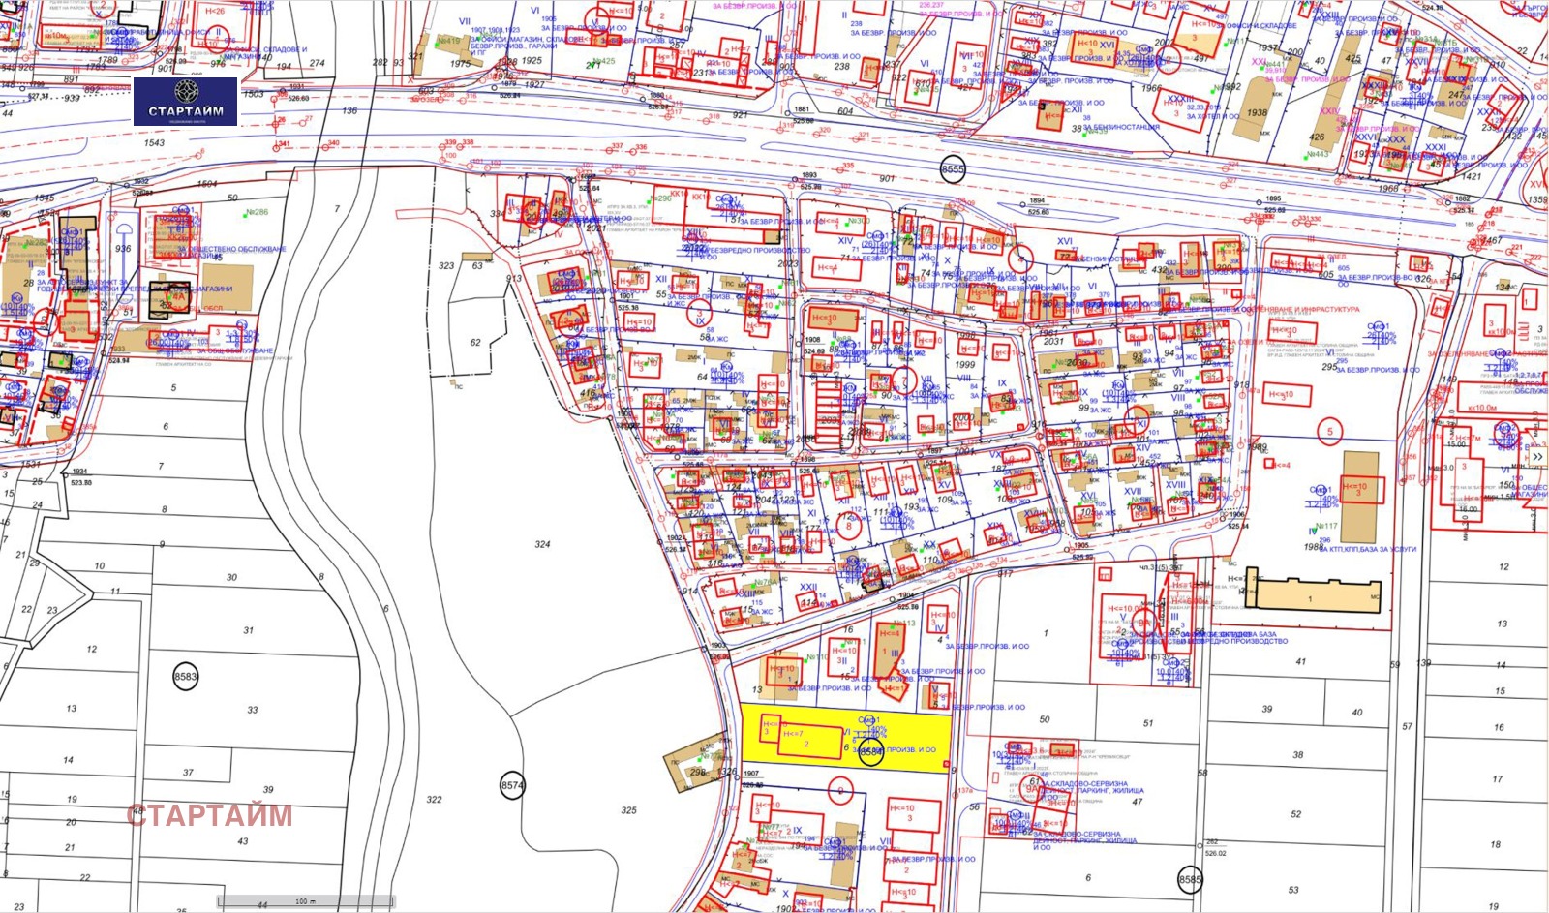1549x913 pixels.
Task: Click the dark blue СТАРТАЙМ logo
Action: click(x=185, y=101)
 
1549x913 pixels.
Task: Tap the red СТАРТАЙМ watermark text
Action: click(x=209, y=815)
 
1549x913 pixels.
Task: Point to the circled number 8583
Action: click(x=185, y=677)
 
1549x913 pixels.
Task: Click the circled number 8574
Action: click(x=512, y=785)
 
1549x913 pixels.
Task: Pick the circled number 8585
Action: click(x=1190, y=880)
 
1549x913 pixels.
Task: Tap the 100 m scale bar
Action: click(x=306, y=901)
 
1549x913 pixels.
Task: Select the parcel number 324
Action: click(x=542, y=544)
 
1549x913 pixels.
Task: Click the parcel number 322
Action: click(x=434, y=800)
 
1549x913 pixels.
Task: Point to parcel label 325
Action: click(x=629, y=810)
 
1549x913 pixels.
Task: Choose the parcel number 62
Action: click(x=475, y=343)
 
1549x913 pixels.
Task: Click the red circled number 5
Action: click(x=1330, y=432)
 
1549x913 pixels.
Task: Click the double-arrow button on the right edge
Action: click(x=1536, y=457)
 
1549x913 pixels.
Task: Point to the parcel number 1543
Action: click(x=154, y=142)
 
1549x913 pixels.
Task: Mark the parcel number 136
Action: click(x=349, y=110)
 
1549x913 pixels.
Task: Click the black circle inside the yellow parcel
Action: click(x=871, y=751)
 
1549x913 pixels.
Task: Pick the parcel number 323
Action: click(x=446, y=265)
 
